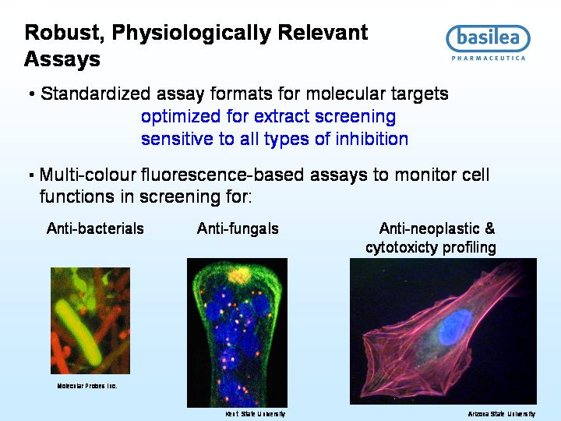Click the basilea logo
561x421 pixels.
coord(488,43)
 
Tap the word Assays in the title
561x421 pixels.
coord(62,59)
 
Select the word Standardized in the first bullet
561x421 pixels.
coord(95,94)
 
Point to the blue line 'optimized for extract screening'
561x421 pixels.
coord(268,117)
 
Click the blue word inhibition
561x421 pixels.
coord(372,139)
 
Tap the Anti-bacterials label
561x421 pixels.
coord(95,228)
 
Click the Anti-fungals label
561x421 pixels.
coord(238,228)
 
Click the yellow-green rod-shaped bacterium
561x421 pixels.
coord(79,333)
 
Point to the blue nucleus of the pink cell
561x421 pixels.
coord(455,327)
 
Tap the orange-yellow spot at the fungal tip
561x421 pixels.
coord(239,275)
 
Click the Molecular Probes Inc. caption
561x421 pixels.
coord(87,386)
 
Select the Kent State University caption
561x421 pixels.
coord(255,414)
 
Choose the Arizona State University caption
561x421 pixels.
coord(502,414)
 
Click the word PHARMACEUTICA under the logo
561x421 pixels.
coord(489,58)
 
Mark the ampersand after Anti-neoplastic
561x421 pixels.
coord(489,228)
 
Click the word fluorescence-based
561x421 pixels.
coord(222,175)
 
